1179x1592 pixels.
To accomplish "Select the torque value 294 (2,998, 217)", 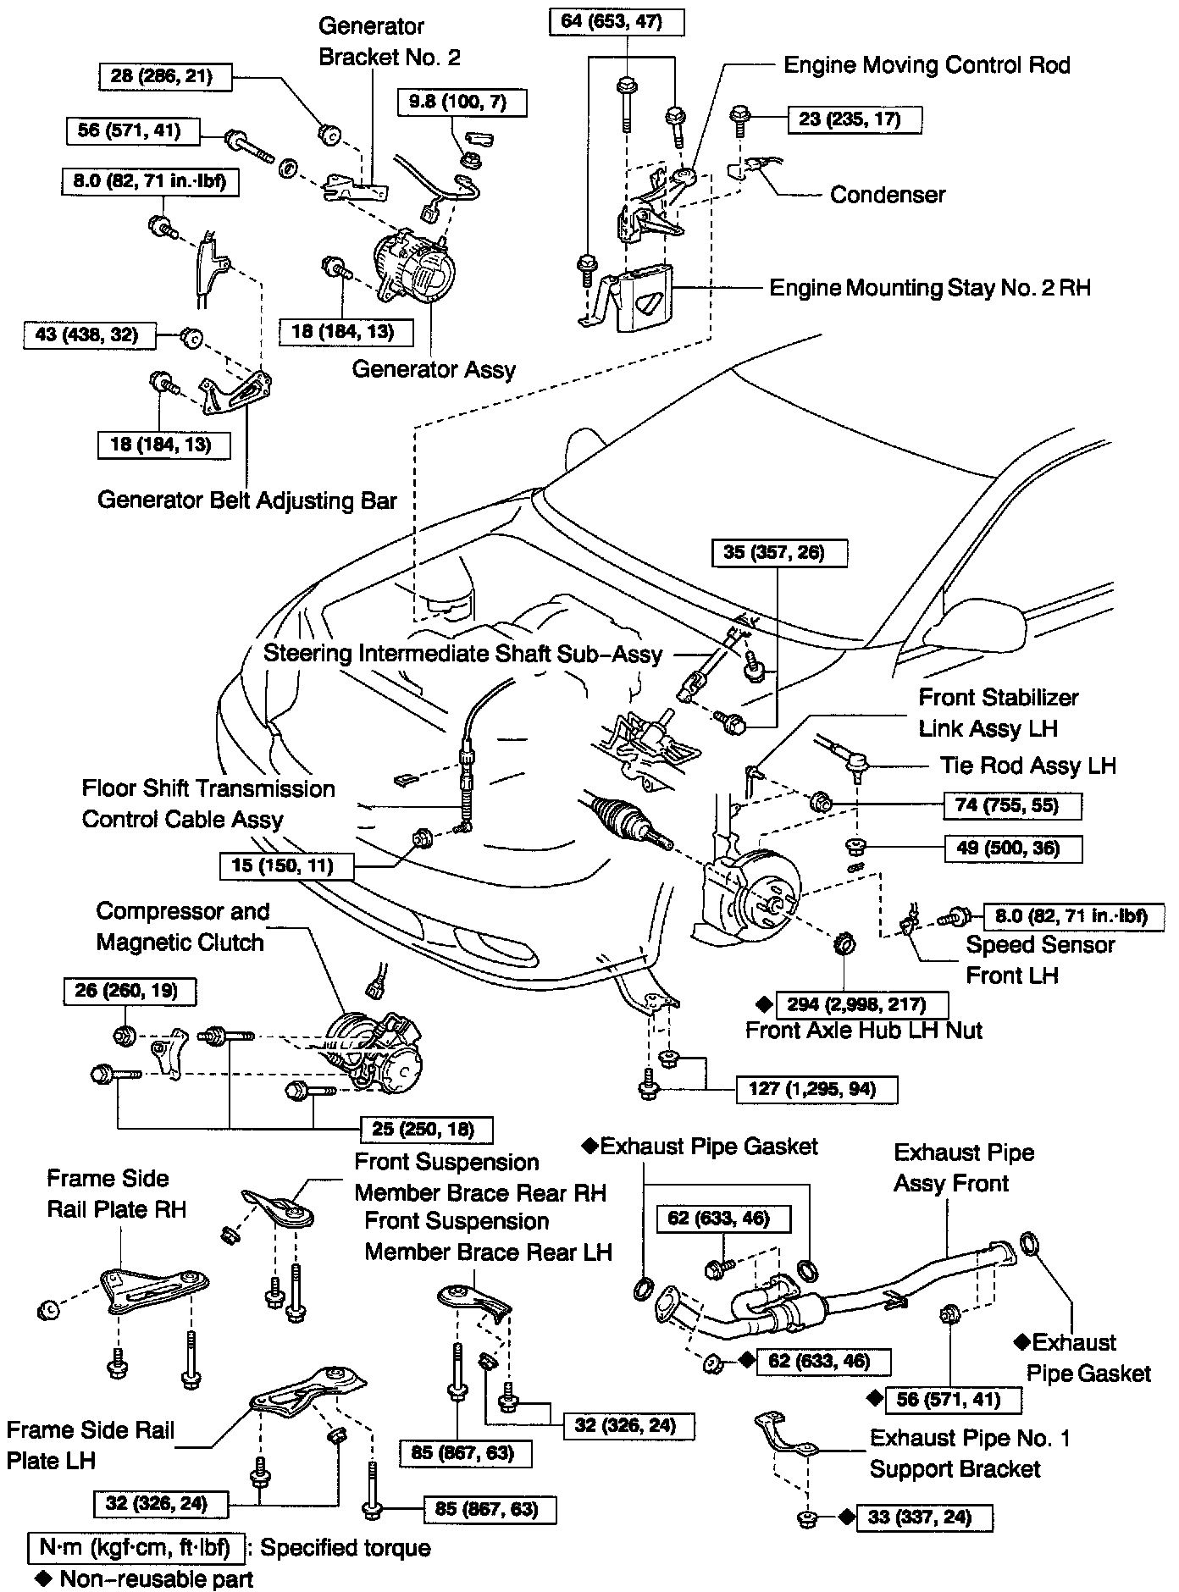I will pos(861,1005).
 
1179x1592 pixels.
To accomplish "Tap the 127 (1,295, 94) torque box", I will pos(817,1088).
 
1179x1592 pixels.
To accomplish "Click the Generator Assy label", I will pos(434,369).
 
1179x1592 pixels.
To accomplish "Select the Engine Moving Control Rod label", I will pos(927,65).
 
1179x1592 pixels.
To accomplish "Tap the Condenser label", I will pos(888,195).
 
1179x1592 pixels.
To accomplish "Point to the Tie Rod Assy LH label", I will pos(1027,766).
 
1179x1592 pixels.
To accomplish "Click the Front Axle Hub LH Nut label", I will pos(864,1031).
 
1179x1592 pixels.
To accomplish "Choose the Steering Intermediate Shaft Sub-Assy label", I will pos(462,654).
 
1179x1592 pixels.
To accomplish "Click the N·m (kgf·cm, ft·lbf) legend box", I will pos(136,1548).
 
